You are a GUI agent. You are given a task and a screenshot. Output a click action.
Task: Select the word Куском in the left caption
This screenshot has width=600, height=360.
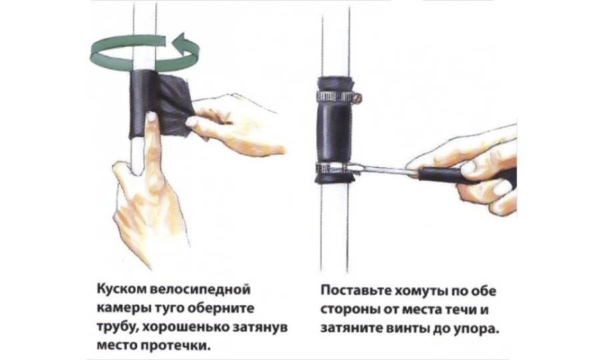click(121, 289)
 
